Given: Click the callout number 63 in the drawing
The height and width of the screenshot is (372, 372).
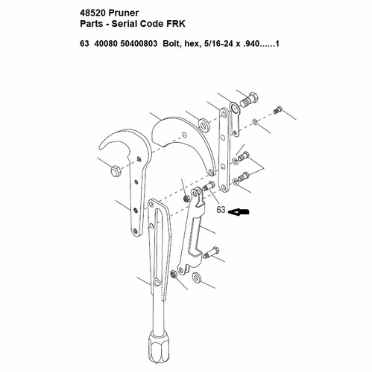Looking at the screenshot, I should (221, 211).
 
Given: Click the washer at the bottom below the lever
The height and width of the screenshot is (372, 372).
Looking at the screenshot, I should (198, 279).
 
